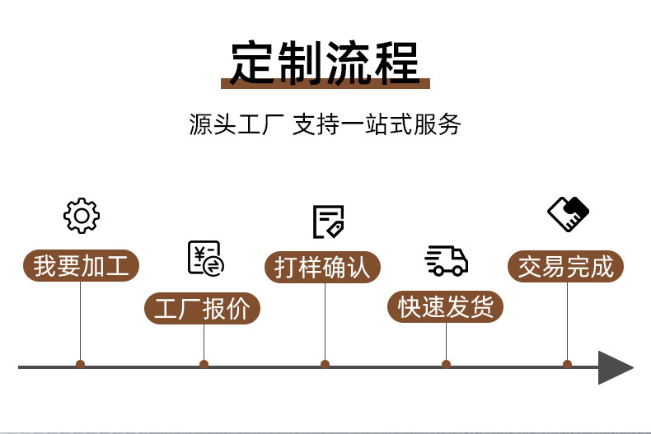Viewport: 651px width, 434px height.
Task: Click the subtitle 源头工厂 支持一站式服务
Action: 325,126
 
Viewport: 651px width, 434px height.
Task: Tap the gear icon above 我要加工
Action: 81,215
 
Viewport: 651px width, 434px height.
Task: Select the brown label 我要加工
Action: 81,267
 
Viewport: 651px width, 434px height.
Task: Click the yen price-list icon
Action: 204,258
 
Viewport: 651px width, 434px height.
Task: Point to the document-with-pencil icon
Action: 327,222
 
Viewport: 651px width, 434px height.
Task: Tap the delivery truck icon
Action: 446,260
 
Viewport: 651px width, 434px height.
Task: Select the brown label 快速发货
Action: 446,307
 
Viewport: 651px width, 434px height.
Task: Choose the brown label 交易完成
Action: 566,267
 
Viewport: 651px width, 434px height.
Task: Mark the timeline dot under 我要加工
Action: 80,364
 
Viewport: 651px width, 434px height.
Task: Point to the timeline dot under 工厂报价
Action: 204,364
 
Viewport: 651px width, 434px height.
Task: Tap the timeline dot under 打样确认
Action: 325,364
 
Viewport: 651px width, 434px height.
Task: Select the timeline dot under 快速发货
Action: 446,364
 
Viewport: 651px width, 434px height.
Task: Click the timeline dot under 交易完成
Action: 567,364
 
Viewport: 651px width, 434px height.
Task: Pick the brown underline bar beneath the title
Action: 325,84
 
